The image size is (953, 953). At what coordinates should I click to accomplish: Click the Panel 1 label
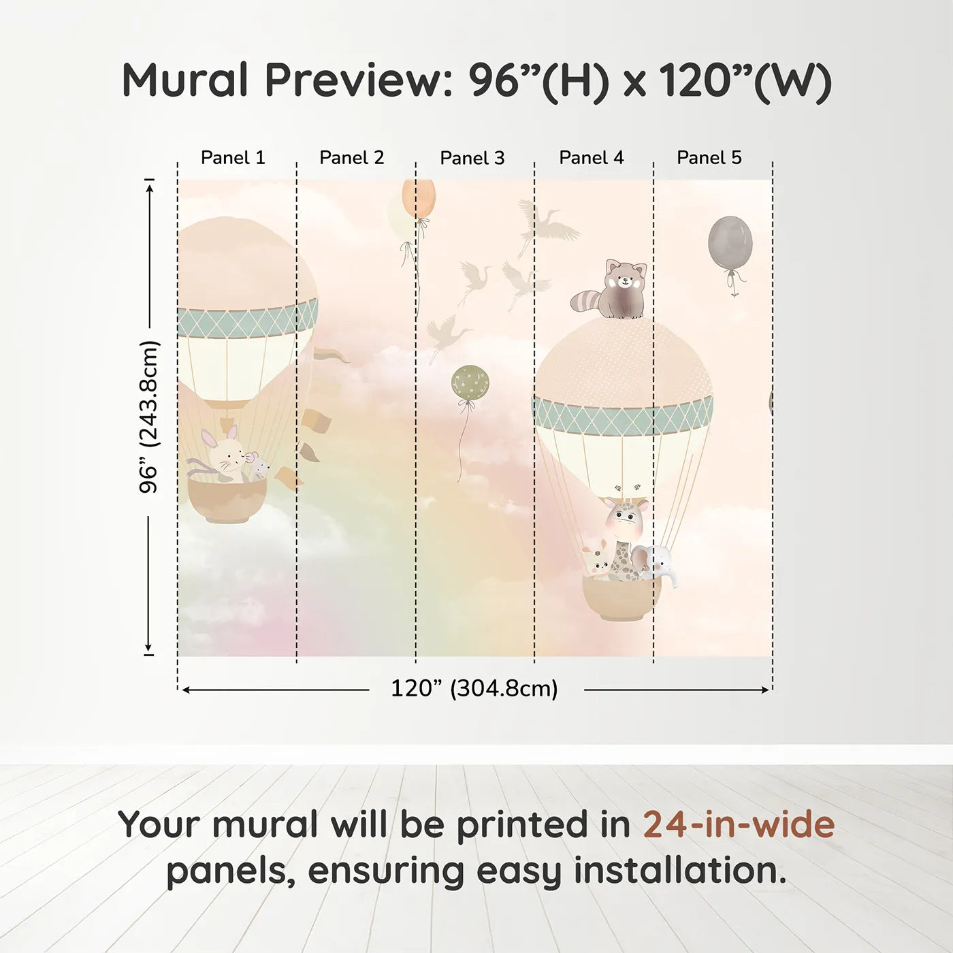tap(233, 158)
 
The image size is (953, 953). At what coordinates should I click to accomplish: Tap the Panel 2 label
tap(352, 158)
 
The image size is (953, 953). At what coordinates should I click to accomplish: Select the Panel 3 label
tap(472, 159)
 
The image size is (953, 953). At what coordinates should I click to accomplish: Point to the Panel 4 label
tap(592, 158)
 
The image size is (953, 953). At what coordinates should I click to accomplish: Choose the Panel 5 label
tap(709, 158)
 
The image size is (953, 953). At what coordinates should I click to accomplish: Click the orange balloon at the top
tap(418, 198)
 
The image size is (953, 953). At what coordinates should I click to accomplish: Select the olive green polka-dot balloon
tap(470, 383)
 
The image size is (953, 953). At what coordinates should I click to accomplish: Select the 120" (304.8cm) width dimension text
tap(474, 689)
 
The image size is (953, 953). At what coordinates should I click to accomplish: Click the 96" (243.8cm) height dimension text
tap(149, 417)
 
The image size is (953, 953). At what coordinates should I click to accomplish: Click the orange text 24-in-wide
tap(739, 825)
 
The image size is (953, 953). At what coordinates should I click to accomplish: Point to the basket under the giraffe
tap(621, 598)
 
